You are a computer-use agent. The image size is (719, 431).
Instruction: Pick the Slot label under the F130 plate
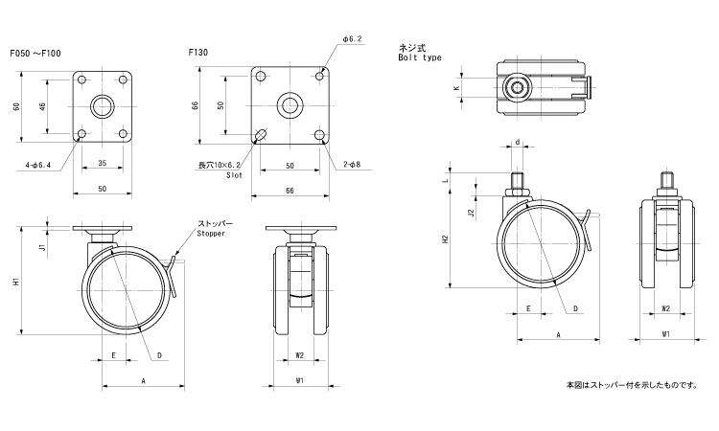(x=234, y=175)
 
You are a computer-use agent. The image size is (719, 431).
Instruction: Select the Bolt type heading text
(x=419, y=58)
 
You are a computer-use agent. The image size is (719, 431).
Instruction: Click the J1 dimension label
(x=41, y=247)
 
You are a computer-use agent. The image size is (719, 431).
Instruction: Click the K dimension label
(x=456, y=88)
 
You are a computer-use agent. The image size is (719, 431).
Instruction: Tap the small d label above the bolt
(x=519, y=142)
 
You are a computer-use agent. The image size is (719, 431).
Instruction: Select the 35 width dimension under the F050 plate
(x=102, y=164)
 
